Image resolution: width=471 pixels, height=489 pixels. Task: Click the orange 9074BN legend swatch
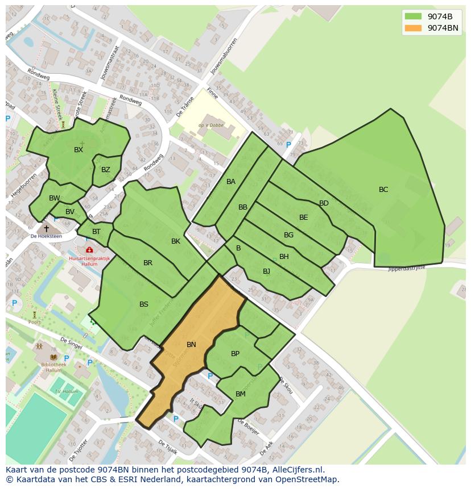(413, 28)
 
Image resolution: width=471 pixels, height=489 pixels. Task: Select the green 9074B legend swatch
(413, 16)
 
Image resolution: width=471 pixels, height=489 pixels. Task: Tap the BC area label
(383, 190)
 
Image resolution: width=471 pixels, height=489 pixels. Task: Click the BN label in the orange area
(191, 345)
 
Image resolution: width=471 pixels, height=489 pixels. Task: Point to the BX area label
(78, 150)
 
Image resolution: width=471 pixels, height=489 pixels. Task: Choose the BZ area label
(106, 170)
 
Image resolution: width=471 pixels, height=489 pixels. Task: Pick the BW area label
(55, 198)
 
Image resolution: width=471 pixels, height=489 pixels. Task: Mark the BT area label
(96, 232)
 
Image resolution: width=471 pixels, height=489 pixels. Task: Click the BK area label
(176, 241)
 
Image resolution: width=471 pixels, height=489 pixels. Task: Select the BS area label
(144, 304)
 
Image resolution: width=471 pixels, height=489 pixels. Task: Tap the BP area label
(235, 354)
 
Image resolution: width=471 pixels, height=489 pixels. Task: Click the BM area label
(241, 394)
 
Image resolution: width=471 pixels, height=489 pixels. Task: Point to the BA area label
(231, 182)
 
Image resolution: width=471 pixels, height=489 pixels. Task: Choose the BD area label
(324, 203)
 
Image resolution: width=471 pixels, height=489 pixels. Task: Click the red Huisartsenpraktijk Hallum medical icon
(89, 250)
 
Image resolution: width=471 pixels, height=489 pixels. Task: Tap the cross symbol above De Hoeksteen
(47, 228)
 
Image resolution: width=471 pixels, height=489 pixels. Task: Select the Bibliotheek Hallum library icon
(53, 357)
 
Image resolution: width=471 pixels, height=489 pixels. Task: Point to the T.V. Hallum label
(67, 391)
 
